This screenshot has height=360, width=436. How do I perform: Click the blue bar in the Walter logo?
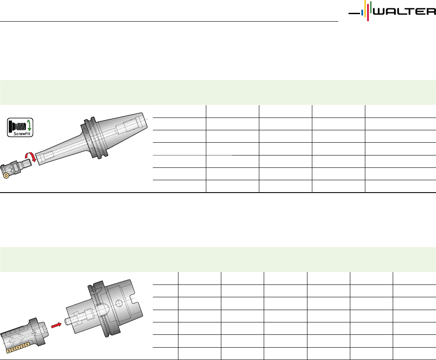pyautogui.click(x=362, y=13)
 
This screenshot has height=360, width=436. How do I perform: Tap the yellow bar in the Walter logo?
pyautogui.click(x=365, y=9)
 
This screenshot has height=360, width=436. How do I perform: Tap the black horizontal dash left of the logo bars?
pyautogui.click(x=354, y=13)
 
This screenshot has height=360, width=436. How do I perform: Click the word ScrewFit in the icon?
pyautogui.click(x=22, y=134)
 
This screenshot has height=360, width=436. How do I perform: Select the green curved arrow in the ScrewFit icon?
pyautogui.click(x=29, y=125)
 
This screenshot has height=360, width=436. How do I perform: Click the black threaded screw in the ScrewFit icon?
pyautogui.click(x=17, y=126)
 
